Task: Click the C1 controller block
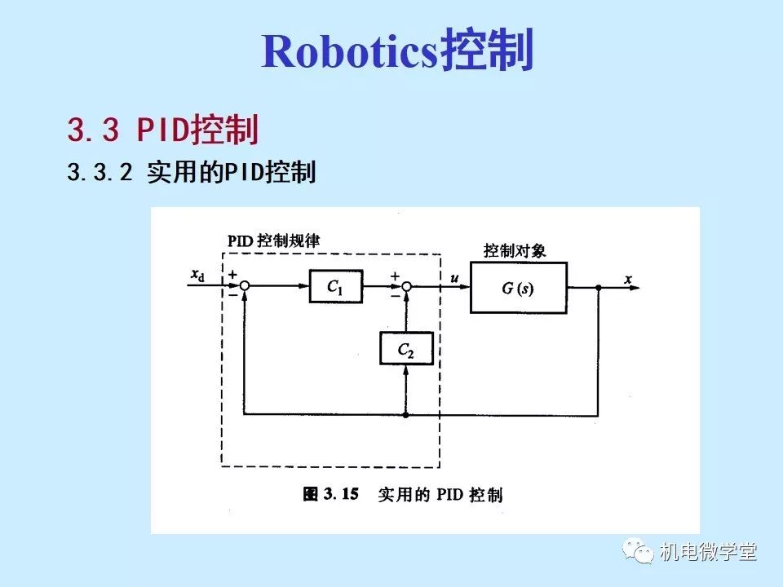pos(335,286)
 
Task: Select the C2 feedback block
pos(405,351)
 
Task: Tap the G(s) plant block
pos(518,288)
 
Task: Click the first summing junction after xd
pos(244,286)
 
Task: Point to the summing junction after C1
pos(406,286)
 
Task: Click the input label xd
pos(197,276)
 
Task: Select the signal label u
pos(453,276)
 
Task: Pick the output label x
pos(628,279)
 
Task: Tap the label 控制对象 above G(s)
pos(515,251)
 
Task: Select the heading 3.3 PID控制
pos(163,130)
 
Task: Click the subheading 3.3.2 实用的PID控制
pos(192,173)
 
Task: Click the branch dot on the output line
pos(599,287)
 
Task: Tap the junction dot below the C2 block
pos(405,414)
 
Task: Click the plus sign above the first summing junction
pos(233,276)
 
